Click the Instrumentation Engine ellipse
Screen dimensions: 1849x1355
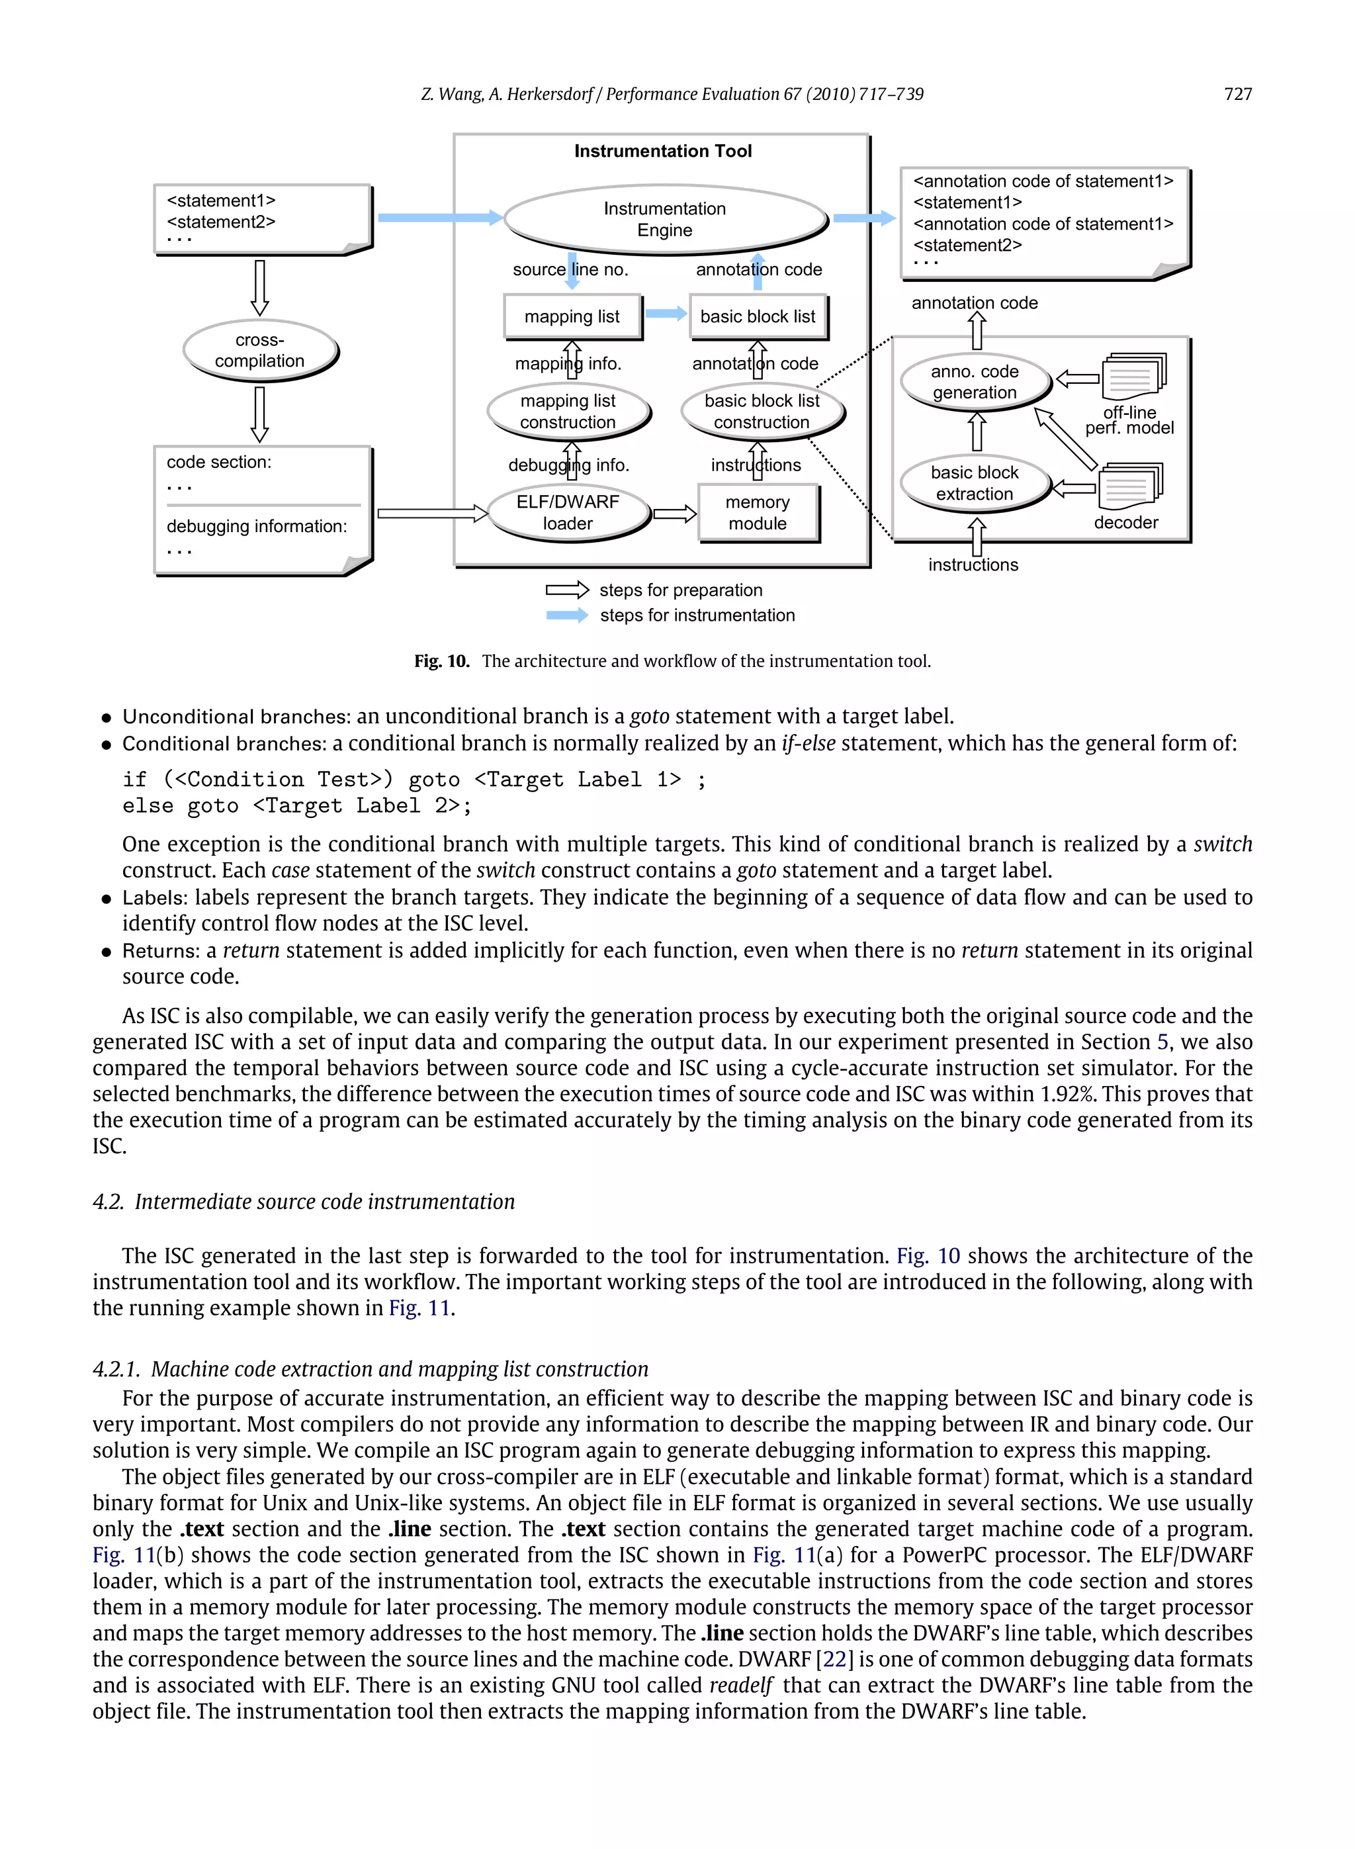pyautogui.click(x=664, y=219)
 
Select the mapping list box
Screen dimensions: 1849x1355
pyautogui.click(x=572, y=316)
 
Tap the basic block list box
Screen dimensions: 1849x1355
pyautogui.click(x=757, y=316)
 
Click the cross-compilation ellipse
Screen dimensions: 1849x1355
pyautogui.click(x=259, y=350)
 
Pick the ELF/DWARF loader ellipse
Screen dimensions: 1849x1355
pyautogui.click(x=568, y=513)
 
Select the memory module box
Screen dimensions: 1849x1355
pyautogui.click(x=757, y=513)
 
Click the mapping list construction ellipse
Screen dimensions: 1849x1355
pyautogui.click(x=568, y=411)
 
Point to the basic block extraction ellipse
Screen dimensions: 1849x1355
pyautogui.click(x=974, y=483)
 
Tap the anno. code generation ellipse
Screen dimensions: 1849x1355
pyautogui.click(x=974, y=381)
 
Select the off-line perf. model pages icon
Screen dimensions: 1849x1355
pyautogui.click(x=1133, y=377)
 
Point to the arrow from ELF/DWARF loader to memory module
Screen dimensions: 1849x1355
pyautogui.click(x=674, y=514)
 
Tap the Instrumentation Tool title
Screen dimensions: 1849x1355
pyautogui.click(x=663, y=151)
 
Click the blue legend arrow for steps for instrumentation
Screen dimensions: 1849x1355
pyautogui.click(x=567, y=615)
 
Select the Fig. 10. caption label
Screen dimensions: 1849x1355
pyautogui.click(x=441, y=661)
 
